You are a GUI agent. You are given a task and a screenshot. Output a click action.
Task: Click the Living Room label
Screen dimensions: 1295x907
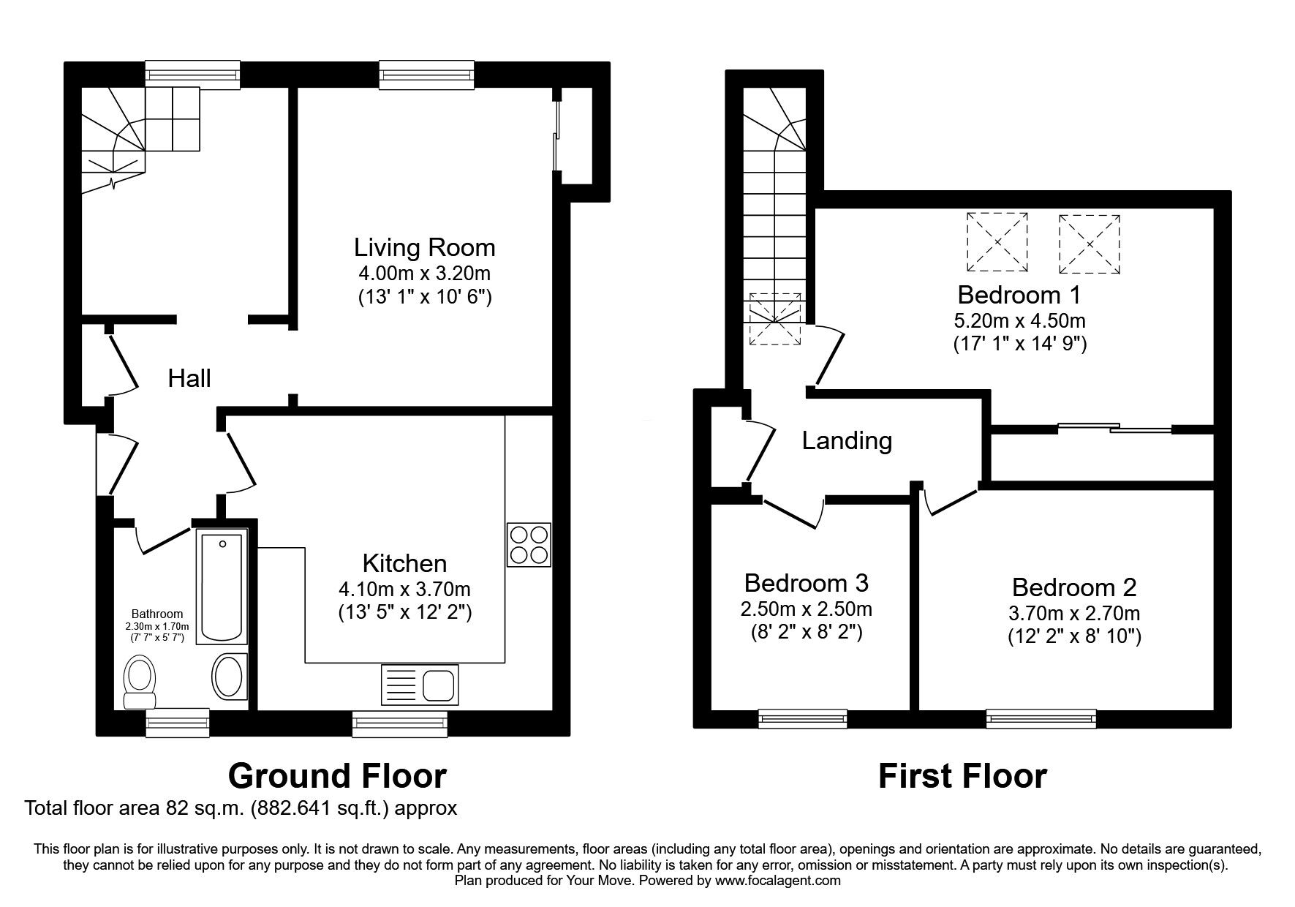tap(424, 248)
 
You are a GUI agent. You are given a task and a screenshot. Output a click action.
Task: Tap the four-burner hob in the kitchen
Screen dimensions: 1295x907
tap(529, 544)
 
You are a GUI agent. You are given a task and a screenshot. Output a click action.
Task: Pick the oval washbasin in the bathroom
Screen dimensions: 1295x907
tap(230, 676)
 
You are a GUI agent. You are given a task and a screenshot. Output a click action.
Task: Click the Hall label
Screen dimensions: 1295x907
tap(189, 378)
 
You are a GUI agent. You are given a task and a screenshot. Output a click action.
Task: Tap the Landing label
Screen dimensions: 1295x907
tap(847, 441)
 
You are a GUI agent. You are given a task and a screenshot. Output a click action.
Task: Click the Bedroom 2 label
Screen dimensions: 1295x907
tap(1074, 587)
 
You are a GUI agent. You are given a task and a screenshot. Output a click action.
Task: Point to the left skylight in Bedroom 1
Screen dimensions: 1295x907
tap(997, 243)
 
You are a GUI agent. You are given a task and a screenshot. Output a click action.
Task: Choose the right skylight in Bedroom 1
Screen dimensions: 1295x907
tap(1090, 244)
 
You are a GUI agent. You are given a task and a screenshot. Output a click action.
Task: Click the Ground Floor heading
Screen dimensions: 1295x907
tap(337, 775)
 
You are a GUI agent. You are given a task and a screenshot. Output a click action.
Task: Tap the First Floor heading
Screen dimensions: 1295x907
tap(962, 776)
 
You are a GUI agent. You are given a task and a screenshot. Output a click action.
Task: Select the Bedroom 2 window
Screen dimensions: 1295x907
tap(1041, 718)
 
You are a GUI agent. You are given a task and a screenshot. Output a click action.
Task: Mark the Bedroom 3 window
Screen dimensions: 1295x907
tap(803, 718)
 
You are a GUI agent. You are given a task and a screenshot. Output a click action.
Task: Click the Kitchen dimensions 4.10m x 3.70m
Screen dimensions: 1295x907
tap(405, 589)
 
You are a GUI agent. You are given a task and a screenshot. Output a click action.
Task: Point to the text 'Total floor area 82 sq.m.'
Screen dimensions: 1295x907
tap(137, 808)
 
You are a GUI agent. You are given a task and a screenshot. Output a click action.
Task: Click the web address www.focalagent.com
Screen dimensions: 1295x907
tap(777, 881)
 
